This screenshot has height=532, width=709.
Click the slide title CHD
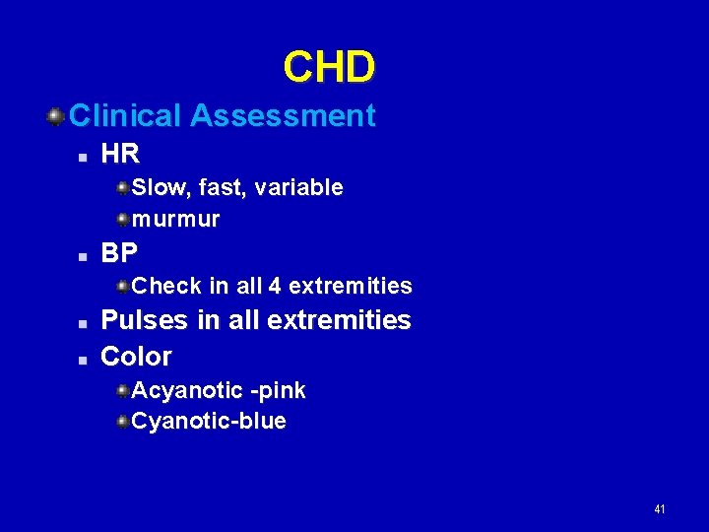pos(329,67)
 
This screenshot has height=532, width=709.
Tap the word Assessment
pos(283,116)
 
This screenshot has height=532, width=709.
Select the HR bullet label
pos(121,154)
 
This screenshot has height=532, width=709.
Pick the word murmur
pos(175,219)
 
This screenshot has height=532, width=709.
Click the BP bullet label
pos(119,253)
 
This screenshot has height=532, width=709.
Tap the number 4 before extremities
pos(275,287)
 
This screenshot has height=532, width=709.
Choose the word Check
pos(166,287)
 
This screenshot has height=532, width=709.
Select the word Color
pos(137,356)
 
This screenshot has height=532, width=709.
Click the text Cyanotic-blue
pos(209,422)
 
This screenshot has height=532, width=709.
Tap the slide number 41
pos(659,509)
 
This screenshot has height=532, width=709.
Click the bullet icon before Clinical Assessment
pos(56,117)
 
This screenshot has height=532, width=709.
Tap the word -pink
pos(279,391)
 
